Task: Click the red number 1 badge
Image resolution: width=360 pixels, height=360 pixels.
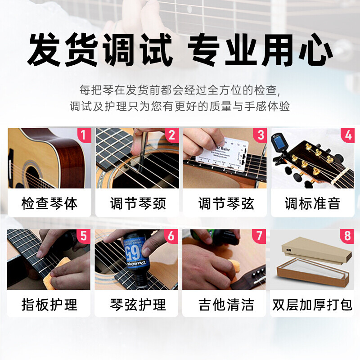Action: [x=83, y=135]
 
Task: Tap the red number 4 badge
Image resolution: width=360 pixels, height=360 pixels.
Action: [x=347, y=135]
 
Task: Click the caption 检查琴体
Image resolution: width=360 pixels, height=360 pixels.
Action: [x=49, y=203]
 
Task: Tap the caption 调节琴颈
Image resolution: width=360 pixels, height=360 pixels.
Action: [x=138, y=203]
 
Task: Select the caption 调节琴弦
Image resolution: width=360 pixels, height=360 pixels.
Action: [x=226, y=203]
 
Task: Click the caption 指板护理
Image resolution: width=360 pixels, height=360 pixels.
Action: [x=49, y=305]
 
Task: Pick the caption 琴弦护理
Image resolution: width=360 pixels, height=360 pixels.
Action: [x=138, y=305]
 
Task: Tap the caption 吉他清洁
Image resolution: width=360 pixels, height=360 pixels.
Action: [x=226, y=305]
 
